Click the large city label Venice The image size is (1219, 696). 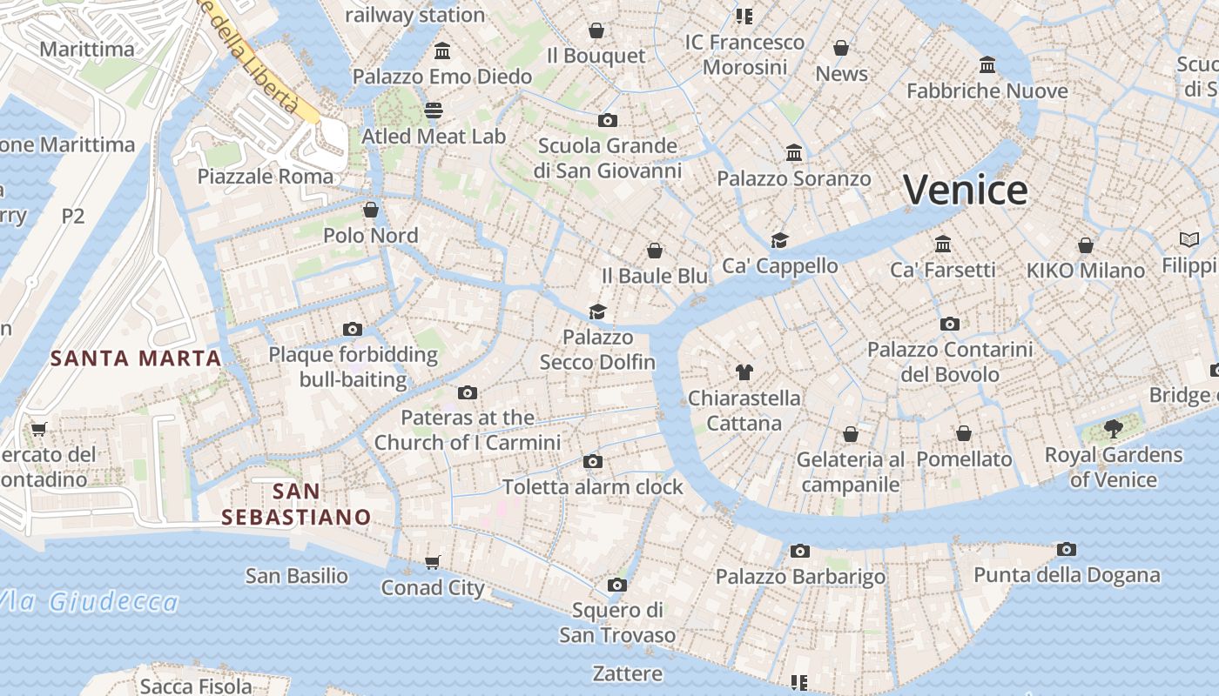click(966, 190)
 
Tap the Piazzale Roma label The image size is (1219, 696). click(265, 177)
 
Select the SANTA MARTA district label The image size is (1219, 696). click(135, 358)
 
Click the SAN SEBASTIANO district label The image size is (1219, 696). click(296, 505)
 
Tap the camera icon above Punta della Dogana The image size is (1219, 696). click(1067, 549)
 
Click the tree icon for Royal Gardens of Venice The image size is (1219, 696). click(1113, 428)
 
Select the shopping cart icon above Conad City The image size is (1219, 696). click(433, 562)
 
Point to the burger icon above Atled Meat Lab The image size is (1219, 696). click(434, 110)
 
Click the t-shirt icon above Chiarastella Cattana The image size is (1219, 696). click(744, 372)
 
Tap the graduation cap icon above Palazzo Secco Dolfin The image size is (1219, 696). click(597, 311)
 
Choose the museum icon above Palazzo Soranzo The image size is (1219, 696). click(794, 153)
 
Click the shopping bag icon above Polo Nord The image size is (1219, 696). click(371, 210)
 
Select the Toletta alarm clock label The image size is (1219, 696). click(593, 487)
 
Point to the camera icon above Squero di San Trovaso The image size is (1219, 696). click(617, 585)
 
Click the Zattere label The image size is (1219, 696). click(627, 673)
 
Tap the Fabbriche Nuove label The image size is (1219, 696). click(987, 91)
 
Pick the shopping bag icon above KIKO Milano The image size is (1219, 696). click(1085, 245)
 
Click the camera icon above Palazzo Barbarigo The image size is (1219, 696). click(800, 551)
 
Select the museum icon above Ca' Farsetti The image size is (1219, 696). click(943, 244)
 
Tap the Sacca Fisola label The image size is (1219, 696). click(196, 686)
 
